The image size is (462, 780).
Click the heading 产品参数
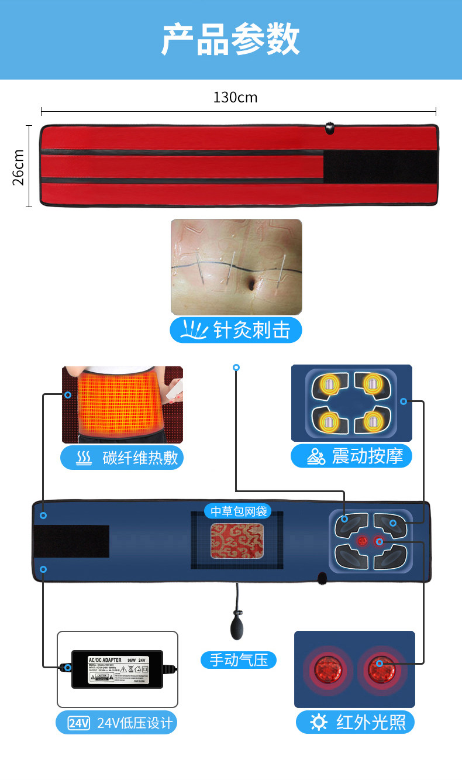[x=230, y=39]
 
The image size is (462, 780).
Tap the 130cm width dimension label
[x=235, y=97]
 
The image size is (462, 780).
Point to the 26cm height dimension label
[x=19, y=167]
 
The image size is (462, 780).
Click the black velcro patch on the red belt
[x=380, y=167]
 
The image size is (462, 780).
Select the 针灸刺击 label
[x=236, y=331]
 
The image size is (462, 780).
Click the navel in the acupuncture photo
[x=251, y=285]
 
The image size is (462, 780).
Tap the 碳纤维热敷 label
[x=122, y=458]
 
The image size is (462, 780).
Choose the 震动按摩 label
[x=351, y=456]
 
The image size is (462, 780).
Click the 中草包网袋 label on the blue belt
[x=239, y=511]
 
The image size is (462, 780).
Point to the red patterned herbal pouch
[x=237, y=541]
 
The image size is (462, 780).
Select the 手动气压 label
[x=239, y=660]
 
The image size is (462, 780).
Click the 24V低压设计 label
[x=116, y=723]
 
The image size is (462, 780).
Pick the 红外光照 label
[x=355, y=723]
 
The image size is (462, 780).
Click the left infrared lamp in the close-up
[x=327, y=668]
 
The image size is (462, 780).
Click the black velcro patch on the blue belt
[x=71, y=541]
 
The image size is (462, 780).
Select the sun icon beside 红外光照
[x=319, y=723]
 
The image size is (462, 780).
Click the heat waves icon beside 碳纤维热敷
[x=84, y=458]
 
